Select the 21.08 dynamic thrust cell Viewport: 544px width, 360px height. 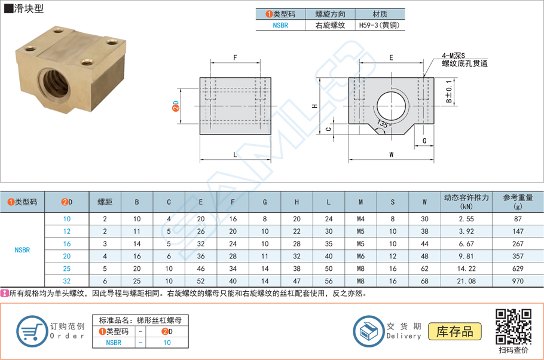(466, 280)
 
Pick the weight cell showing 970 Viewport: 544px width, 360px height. (517, 280)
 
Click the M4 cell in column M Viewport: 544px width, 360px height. (360, 219)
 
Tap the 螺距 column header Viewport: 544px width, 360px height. (105, 202)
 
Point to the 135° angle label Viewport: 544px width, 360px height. (384, 124)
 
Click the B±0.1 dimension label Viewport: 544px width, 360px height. (450, 93)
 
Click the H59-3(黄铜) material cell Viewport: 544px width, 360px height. (380, 26)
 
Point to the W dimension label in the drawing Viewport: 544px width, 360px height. (391, 154)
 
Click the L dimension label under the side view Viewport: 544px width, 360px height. (235, 154)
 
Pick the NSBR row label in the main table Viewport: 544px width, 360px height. (22, 250)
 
